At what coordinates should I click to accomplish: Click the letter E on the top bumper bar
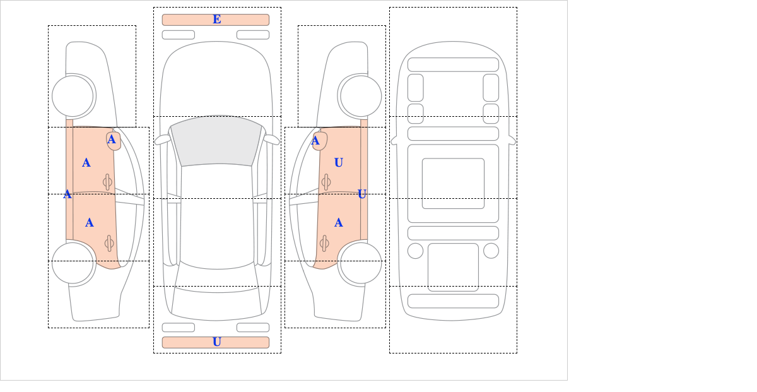217,20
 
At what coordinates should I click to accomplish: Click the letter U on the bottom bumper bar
217,342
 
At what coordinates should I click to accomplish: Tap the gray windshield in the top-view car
216,141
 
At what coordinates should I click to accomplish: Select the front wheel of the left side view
73,96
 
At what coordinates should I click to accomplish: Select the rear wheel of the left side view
73,263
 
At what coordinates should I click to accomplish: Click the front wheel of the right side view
361,96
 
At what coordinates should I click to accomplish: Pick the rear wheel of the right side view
361,263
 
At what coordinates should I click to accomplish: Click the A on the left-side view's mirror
112,140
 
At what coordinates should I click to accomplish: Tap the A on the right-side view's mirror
315,140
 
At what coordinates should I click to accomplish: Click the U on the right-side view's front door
339,163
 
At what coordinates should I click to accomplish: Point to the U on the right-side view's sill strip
362,194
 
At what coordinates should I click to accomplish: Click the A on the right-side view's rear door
339,223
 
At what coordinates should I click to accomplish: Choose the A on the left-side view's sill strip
67,194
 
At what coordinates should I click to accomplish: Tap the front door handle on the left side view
107,182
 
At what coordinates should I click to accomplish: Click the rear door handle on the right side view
324,244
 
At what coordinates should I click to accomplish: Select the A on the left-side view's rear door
89,223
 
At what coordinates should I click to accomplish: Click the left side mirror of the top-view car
162,140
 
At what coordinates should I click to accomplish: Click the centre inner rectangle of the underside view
453,183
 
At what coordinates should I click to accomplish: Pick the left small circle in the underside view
415,251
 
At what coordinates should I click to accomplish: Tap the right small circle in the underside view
491,251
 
